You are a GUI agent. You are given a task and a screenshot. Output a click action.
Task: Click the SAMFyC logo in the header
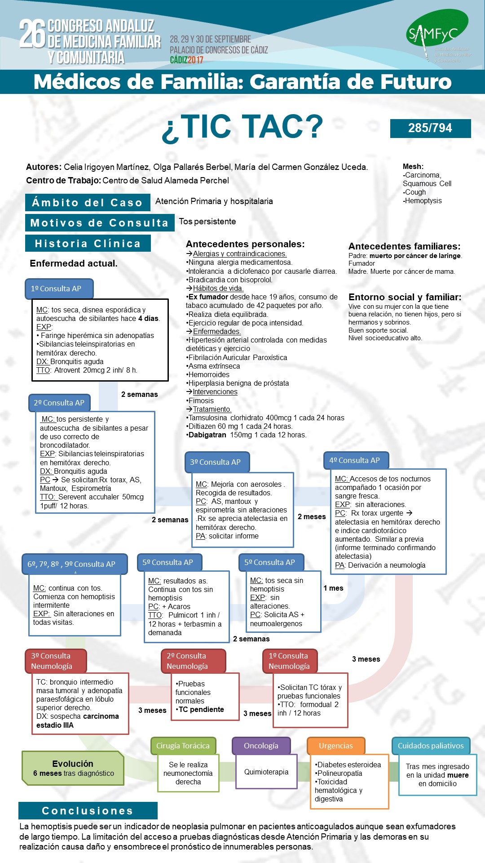pyautogui.click(x=438, y=35)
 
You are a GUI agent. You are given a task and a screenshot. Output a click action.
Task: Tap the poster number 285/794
pyautogui.click(x=430, y=128)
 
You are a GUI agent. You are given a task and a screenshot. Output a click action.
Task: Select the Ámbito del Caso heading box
pyautogui.click(x=88, y=202)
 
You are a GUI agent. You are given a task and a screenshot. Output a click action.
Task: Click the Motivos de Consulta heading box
pyautogui.click(x=100, y=222)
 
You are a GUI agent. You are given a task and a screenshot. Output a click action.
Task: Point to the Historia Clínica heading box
pyautogui.click(x=88, y=243)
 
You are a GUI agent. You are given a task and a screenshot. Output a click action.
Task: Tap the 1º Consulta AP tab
pyautogui.click(x=59, y=289)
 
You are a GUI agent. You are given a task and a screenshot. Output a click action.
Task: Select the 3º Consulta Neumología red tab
pyautogui.click(x=56, y=661)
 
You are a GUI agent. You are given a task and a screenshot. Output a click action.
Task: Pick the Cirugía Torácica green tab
pyautogui.click(x=183, y=746)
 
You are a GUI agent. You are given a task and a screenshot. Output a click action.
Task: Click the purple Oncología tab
pyautogui.click(x=261, y=746)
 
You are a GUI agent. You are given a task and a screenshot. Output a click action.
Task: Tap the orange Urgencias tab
pyautogui.click(x=336, y=746)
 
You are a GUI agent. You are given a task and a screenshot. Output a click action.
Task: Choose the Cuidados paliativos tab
pyautogui.click(x=431, y=746)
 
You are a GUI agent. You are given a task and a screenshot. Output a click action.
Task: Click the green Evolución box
pyautogui.click(x=73, y=768)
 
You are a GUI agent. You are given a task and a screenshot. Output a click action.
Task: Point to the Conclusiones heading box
pyautogui.click(x=88, y=810)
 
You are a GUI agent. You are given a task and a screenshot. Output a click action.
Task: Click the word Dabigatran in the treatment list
pyautogui.click(x=207, y=435)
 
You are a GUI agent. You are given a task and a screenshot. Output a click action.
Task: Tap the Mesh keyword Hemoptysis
pyautogui.click(x=423, y=200)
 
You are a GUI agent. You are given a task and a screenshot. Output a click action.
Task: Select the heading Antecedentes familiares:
pyautogui.click(x=405, y=246)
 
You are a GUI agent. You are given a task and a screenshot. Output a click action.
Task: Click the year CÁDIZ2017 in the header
pyautogui.click(x=187, y=60)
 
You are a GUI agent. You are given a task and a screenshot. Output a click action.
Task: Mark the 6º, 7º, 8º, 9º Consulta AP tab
pyautogui.click(x=75, y=564)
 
